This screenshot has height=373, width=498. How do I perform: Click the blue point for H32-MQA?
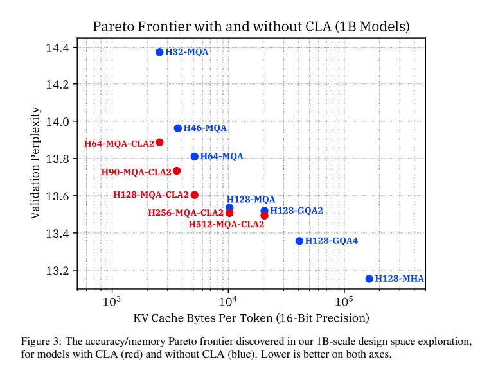tap(159, 52)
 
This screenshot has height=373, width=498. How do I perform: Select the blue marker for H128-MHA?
tap(369, 279)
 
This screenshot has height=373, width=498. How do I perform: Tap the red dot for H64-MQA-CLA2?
tap(159, 143)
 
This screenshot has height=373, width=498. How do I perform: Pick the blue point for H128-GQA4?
tap(299, 241)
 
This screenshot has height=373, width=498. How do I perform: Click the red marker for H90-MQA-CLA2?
tap(177, 171)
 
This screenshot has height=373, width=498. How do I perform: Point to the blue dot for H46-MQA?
tap(178, 128)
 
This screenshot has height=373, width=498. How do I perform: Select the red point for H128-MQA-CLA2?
tap(195, 195)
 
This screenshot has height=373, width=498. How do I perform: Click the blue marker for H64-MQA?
tap(195, 157)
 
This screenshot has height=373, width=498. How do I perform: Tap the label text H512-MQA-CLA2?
tap(226, 224)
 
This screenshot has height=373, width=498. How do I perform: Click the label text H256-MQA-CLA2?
tap(186, 213)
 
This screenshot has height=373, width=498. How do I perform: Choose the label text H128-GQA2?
tap(296, 211)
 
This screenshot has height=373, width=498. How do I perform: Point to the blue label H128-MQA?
tap(251, 200)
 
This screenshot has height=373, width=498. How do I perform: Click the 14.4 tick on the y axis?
tap(56, 48)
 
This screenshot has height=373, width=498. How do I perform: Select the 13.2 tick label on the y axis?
tap(56, 270)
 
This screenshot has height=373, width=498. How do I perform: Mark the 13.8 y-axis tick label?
tap(56, 159)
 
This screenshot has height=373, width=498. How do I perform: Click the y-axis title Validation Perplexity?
tap(37, 163)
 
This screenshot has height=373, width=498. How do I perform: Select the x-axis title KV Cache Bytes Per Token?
tap(251, 318)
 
